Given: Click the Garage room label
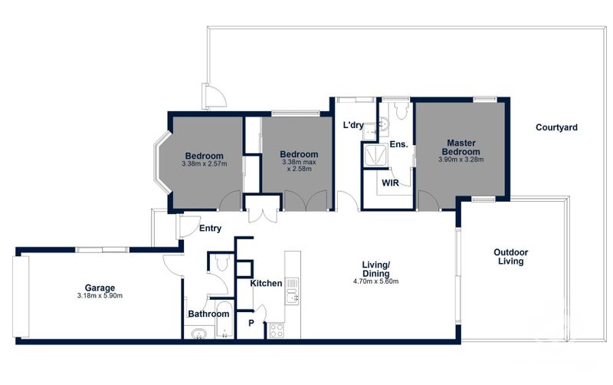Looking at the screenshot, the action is pyautogui.click(x=100, y=288).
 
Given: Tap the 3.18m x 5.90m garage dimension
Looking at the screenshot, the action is pyautogui.click(x=100, y=296).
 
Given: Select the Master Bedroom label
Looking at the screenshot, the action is pyautogui.click(x=461, y=147).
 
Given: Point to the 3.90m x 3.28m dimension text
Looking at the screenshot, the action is pyautogui.click(x=461, y=160).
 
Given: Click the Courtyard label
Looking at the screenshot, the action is pyautogui.click(x=556, y=127).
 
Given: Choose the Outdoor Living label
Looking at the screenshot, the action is pyautogui.click(x=510, y=257).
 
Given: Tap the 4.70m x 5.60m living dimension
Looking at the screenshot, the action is pyautogui.click(x=375, y=281).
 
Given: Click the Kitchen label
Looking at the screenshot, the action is pyautogui.click(x=266, y=283).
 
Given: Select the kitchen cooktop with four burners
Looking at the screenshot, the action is pyautogui.click(x=277, y=331).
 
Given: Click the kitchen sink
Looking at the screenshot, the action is pyautogui.click(x=292, y=298).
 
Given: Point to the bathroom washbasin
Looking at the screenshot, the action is pyautogui.click(x=199, y=334).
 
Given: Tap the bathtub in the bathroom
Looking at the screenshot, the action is pyautogui.click(x=225, y=319).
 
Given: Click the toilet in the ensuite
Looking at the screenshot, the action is pyautogui.click(x=402, y=110).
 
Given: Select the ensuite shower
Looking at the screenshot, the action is pyautogui.click(x=375, y=155).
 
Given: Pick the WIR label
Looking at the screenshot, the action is pyautogui.click(x=390, y=183).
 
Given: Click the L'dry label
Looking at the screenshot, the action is pyautogui.click(x=353, y=125).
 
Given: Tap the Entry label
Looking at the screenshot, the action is pyautogui.click(x=210, y=229).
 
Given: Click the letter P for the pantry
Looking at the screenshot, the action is pyautogui.click(x=251, y=323).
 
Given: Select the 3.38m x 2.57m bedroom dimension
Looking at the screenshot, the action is pyautogui.click(x=204, y=164).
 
